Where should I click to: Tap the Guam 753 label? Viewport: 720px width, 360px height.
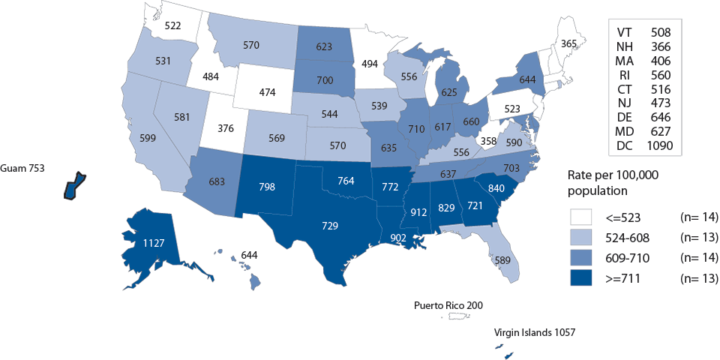(x=23, y=169)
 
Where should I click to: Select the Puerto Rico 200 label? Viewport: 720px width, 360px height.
(x=448, y=305)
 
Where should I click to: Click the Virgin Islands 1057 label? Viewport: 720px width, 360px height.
(x=533, y=331)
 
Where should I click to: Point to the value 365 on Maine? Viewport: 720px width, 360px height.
(x=569, y=44)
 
